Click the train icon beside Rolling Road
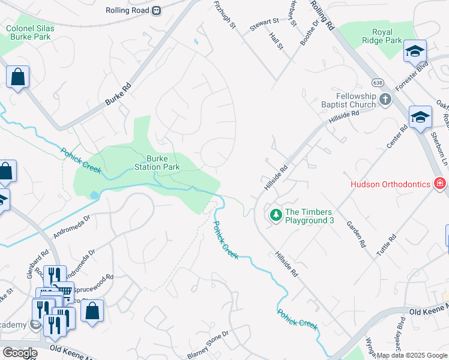tap(157, 10)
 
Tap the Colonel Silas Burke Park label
tap(30, 32)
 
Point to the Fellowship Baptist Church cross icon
tap(385, 100)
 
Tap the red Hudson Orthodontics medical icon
tap(441, 184)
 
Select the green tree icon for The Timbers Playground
tap(276, 214)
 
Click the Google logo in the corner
tap(20, 353)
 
